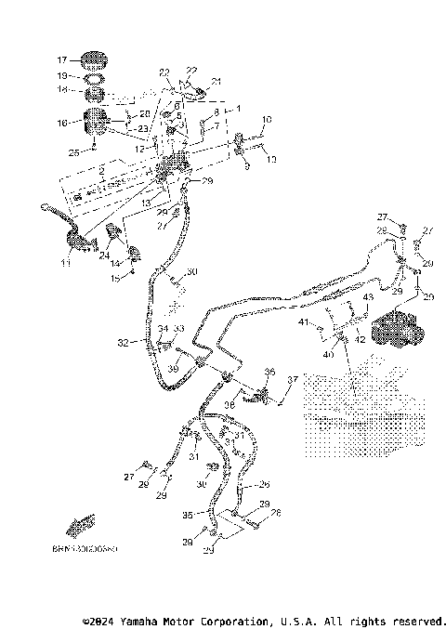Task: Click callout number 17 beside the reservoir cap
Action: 63,59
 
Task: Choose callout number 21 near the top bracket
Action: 216,82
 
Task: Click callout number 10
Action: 267,120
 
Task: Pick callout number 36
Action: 269,372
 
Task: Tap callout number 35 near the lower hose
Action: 187,513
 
